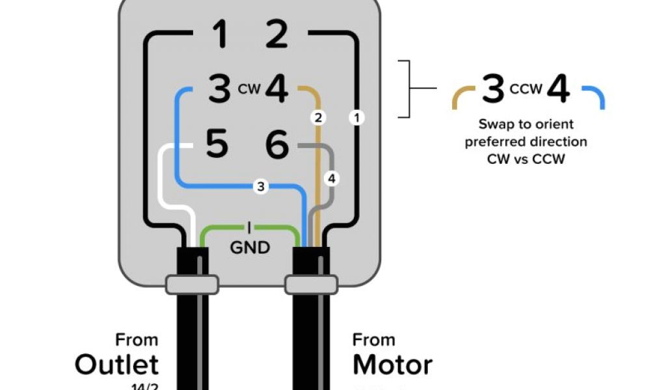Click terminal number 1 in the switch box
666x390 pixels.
coord(220,34)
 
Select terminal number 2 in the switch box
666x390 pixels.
coord(276,34)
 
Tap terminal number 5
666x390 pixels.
coord(217,144)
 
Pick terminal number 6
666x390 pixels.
coord(276,144)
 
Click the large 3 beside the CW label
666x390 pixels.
coord(219,90)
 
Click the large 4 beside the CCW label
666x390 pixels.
coord(558,90)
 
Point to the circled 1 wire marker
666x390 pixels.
coord(356,118)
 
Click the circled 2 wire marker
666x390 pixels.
coord(318,118)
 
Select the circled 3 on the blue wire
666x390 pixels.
coord(261,187)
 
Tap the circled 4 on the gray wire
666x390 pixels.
coord(332,177)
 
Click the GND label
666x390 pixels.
coord(250,248)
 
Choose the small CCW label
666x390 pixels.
coord(526,88)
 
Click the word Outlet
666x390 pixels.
coord(116,365)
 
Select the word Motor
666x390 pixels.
coord(392,365)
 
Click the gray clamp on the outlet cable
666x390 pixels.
coord(191,283)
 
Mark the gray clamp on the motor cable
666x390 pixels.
coord(312,283)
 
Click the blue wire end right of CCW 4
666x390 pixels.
coord(595,97)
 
